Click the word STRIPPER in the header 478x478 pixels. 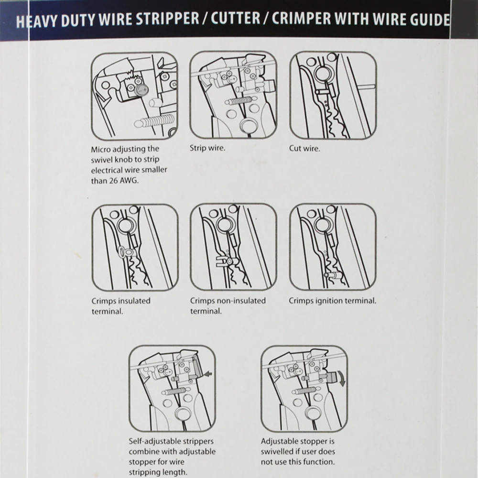[167, 19]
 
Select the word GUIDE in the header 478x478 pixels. [430, 19]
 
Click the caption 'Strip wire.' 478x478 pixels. [207, 148]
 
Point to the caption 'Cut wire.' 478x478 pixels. [304, 149]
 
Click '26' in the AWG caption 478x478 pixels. [113, 181]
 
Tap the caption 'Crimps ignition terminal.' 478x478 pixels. [333, 301]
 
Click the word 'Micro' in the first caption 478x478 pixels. [100, 149]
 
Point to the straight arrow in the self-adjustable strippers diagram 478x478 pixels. [209, 374]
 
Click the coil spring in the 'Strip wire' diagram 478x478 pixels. [241, 100]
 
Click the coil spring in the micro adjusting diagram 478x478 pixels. [154, 121]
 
